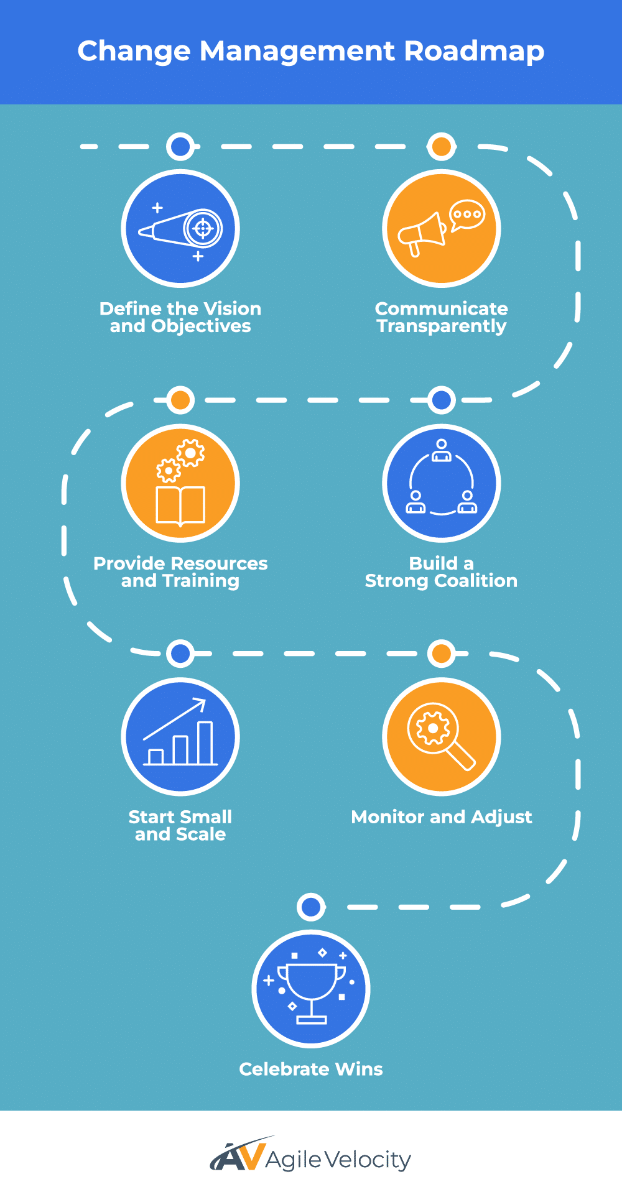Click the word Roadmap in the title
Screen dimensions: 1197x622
pos(474,52)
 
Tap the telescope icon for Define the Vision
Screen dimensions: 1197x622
pos(180,229)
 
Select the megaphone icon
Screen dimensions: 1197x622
pos(422,234)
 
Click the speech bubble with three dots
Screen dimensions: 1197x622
pos(466,215)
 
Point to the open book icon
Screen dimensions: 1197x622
pos(180,505)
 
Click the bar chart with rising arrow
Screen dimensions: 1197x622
pos(180,734)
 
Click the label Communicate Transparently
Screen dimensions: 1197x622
pos(442,317)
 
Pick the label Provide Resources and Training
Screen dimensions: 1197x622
pos(180,572)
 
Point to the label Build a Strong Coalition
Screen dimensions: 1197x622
pos(442,572)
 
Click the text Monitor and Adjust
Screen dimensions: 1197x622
pos(442,817)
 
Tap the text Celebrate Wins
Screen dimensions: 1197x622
pos(311,1070)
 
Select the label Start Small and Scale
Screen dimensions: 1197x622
pos(180,826)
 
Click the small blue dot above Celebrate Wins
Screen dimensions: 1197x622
pos(311,907)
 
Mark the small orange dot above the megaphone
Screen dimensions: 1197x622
pos(442,147)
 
